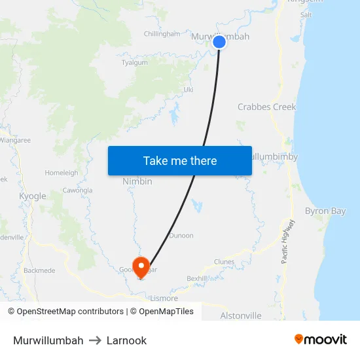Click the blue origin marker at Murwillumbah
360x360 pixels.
pyautogui.click(x=219, y=42)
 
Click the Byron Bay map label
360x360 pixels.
pyautogui.click(x=325, y=211)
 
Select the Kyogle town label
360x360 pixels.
pyautogui.click(x=33, y=196)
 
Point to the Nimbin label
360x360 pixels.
pyautogui.click(x=137, y=181)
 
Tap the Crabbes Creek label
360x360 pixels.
pyautogui.click(x=266, y=107)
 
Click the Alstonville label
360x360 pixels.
pyautogui.click(x=241, y=315)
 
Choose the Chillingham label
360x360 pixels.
pyautogui.click(x=162, y=34)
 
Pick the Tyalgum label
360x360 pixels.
pyautogui.click(x=135, y=63)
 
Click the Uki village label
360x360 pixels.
pyautogui.click(x=189, y=89)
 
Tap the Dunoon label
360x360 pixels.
pyautogui.click(x=181, y=236)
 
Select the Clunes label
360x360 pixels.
pyautogui.click(x=224, y=262)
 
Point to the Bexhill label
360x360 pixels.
pyautogui.click(x=196, y=278)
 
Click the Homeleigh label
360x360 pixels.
pyautogui.click(x=62, y=173)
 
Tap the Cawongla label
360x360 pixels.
pyautogui.click(x=77, y=190)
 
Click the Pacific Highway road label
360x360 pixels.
pyautogui.click(x=289, y=241)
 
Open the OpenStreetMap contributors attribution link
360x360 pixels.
pyautogui.click(x=69, y=312)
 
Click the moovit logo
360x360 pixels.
pyautogui.click(x=321, y=339)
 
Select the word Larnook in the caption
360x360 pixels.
pyautogui.click(x=126, y=340)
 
